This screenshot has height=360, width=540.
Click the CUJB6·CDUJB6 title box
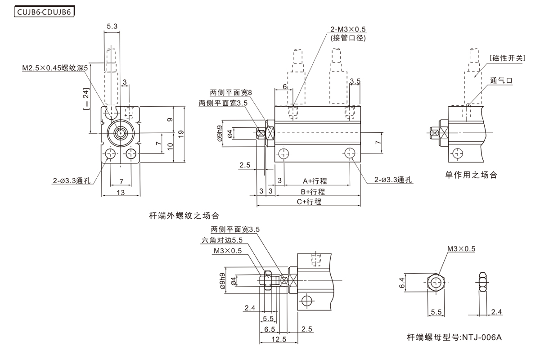44,12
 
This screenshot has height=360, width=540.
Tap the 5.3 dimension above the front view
112,27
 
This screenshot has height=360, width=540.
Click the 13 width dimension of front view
121,193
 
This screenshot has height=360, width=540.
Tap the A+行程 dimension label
315,181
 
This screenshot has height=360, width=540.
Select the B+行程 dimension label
312,191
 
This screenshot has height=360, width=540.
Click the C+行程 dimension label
309,202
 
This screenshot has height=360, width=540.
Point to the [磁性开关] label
507,58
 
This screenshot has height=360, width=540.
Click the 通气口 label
501,81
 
